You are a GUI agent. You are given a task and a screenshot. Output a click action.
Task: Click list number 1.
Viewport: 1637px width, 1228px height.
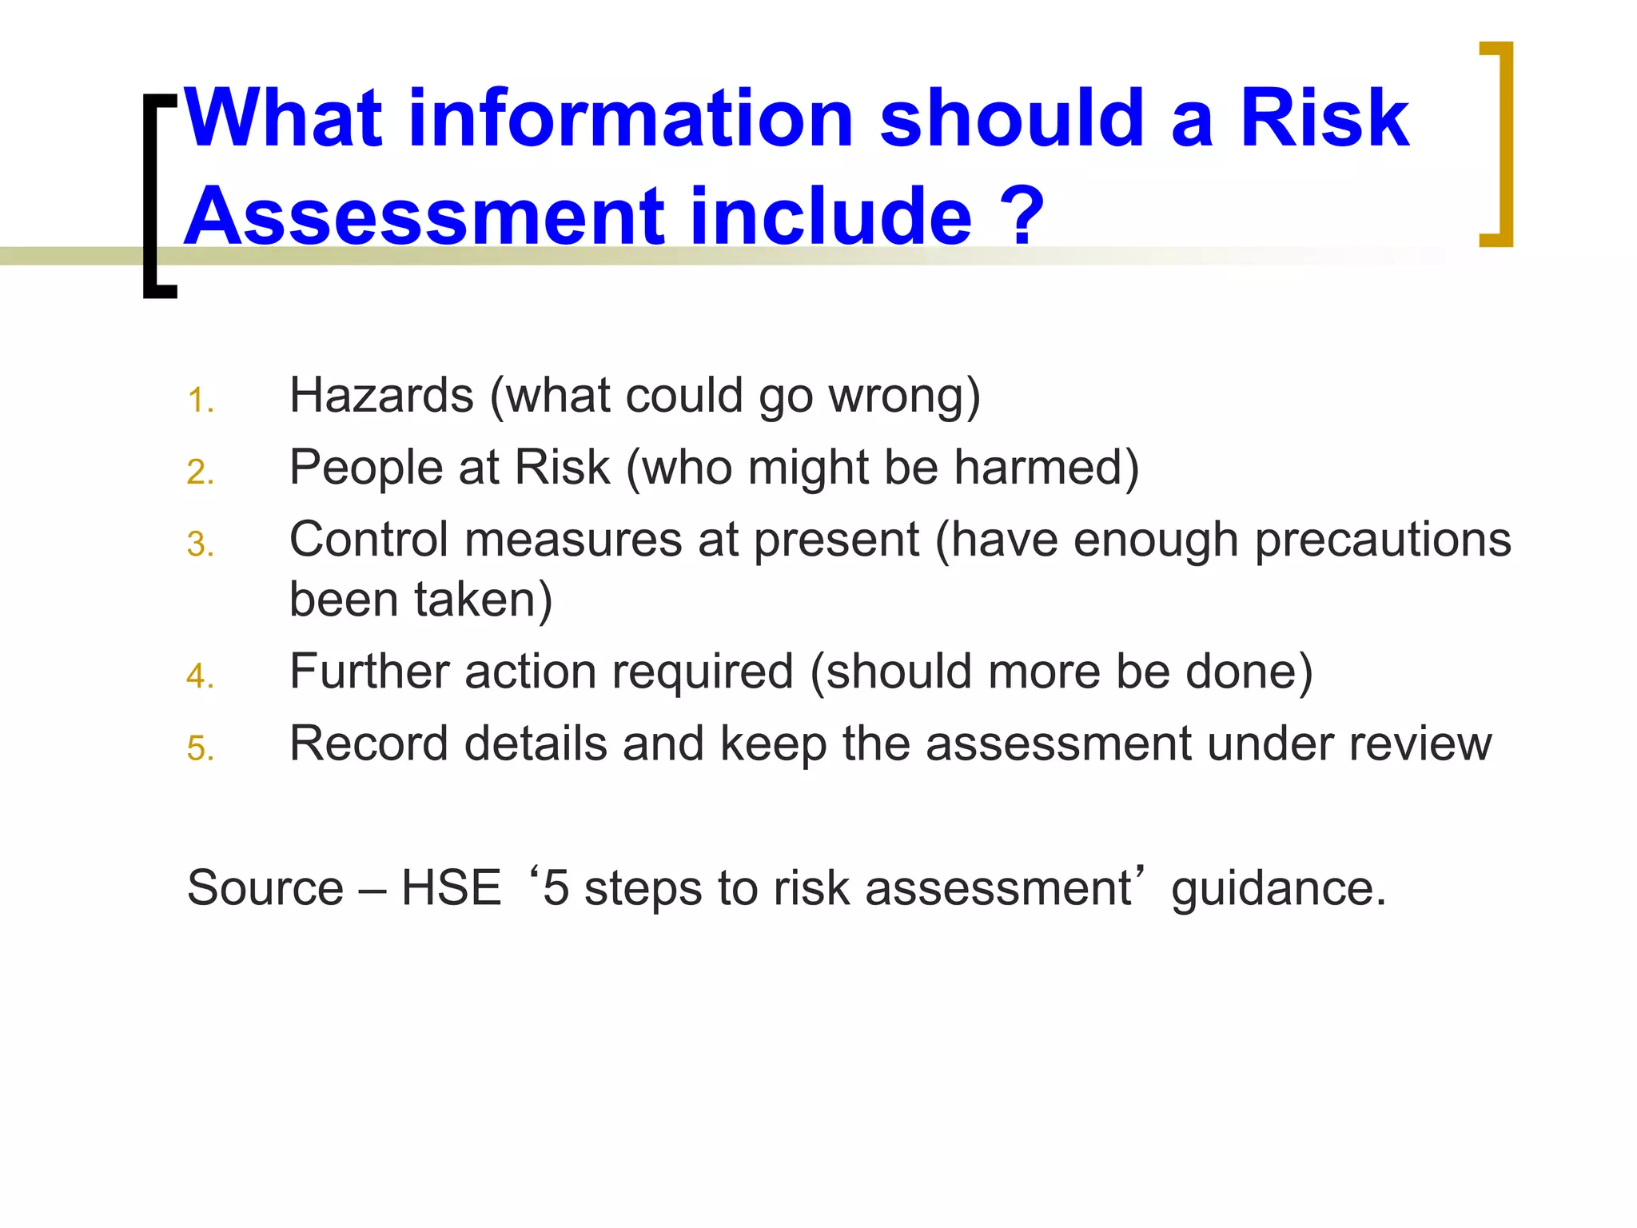coord(200,401)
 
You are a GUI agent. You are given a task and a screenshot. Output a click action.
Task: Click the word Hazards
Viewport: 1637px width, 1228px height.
coord(381,395)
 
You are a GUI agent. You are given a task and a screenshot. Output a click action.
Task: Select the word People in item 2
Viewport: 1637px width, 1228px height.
coord(365,467)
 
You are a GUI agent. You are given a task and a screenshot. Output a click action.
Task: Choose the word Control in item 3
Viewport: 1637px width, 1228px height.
coord(368,540)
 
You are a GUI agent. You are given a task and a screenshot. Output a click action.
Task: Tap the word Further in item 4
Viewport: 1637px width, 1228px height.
coord(368,672)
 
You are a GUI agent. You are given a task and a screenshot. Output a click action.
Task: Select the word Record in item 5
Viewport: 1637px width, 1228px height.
coord(368,744)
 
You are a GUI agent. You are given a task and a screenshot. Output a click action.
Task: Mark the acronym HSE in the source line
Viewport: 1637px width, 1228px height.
coord(451,888)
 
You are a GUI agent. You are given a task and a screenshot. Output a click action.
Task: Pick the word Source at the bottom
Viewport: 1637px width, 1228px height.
coord(265,888)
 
